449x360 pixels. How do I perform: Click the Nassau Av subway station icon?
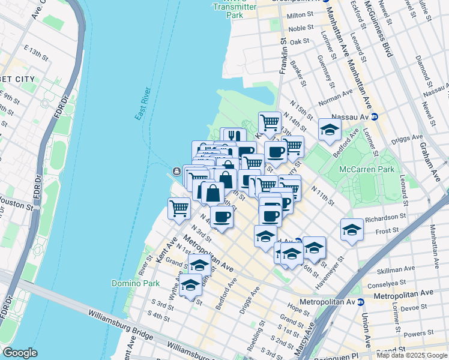click(x=375, y=116)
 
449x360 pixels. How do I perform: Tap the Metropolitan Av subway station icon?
click(x=361, y=302)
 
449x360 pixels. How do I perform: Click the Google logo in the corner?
click(x=20, y=352)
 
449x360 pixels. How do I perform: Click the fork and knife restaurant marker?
click(x=234, y=137)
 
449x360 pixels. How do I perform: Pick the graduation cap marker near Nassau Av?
click(x=329, y=130)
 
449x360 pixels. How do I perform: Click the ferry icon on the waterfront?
click(x=176, y=172)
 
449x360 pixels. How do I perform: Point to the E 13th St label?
click(x=35, y=52)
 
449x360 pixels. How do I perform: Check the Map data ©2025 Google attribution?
click(x=412, y=355)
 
